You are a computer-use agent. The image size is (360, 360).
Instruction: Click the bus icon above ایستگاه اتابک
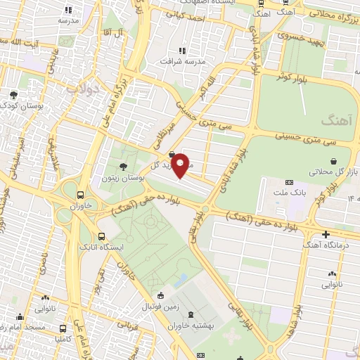click(103, 237)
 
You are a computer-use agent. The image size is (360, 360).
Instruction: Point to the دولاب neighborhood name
click(92, 89)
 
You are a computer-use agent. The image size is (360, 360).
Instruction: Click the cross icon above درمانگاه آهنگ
click(326, 233)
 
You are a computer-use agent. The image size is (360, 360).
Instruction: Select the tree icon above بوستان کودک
click(14, 94)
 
